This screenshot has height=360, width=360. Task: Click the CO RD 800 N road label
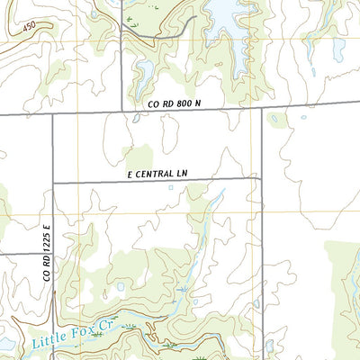(x=174, y=104)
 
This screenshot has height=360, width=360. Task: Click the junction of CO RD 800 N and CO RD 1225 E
(x=53, y=114)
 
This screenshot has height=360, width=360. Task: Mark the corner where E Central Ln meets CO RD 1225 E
(x=54, y=183)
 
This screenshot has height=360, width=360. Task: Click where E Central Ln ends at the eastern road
(x=262, y=178)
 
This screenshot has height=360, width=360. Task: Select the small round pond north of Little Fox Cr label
(x=120, y=288)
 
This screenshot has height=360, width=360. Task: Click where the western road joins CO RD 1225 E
(x=53, y=253)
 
